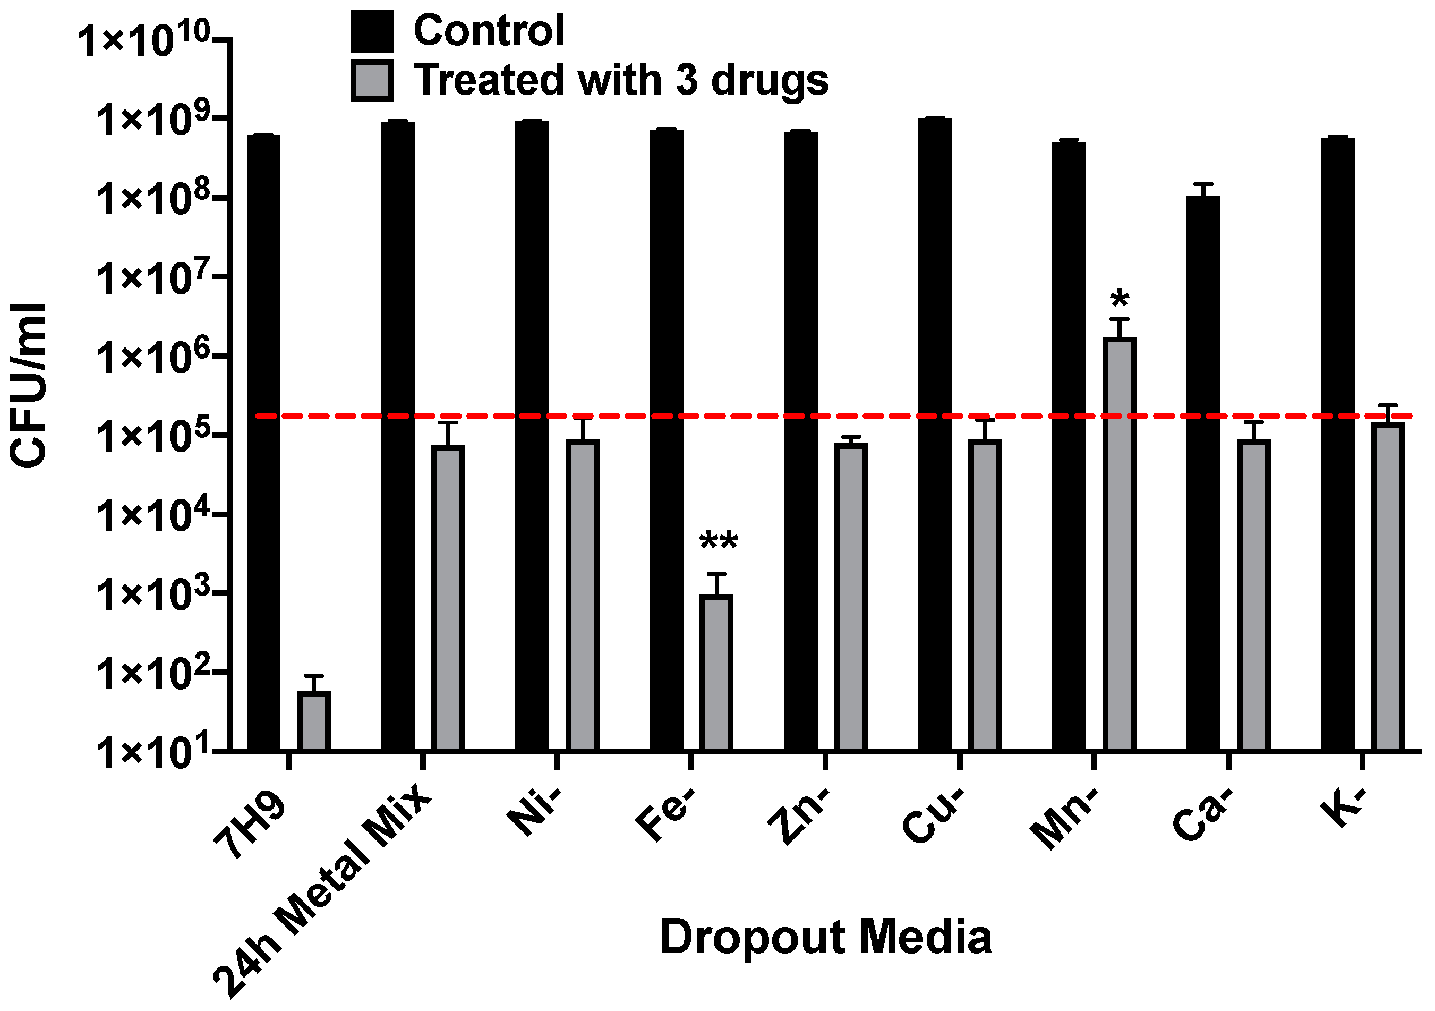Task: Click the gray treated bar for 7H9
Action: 313,720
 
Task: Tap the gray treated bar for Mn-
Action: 1119,544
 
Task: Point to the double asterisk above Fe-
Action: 718,541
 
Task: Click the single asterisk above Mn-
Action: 1120,300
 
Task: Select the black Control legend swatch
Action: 372,31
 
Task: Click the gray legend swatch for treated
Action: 372,80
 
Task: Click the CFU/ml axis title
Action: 28,385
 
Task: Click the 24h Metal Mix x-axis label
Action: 322,891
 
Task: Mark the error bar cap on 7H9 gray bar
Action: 313,675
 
